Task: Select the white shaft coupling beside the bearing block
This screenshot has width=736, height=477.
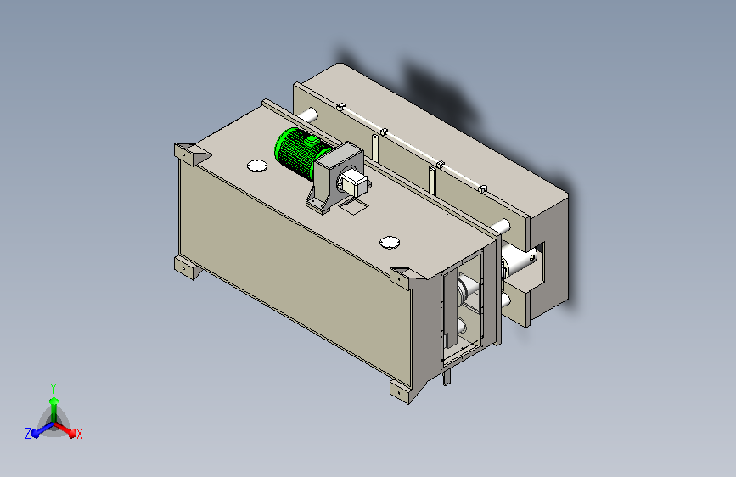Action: pyautogui.click(x=354, y=183)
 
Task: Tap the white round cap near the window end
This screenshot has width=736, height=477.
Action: pyautogui.click(x=390, y=243)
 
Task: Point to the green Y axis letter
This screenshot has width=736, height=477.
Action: pyautogui.click(x=53, y=386)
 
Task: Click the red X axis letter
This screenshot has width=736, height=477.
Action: pyautogui.click(x=79, y=434)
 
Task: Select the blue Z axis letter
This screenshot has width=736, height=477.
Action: pyautogui.click(x=28, y=434)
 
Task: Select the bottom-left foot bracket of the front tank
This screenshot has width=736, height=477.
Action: pyautogui.click(x=185, y=267)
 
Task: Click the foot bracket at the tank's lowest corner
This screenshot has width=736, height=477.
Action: pyautogui.click(x=402, y=390)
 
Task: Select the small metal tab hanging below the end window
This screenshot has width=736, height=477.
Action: pyautogui.click(x=447, y=375)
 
